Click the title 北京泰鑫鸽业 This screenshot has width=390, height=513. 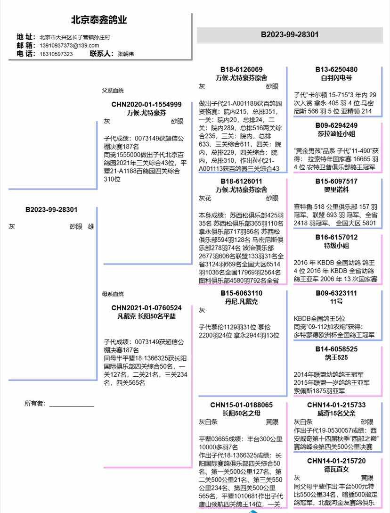pyautogui.click(x=99, y=20)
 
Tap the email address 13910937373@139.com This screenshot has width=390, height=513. pyautogui.click(x=69, y=45)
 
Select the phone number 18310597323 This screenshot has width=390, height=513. pyautogui.click(x=56, y=54)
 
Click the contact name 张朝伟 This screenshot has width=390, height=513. pyautogui.click(x=125, y=54)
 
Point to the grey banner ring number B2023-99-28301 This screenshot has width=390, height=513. pyautogui.click(x=290, y=34)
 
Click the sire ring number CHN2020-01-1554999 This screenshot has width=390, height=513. pyautogui.click(x=146, y=104)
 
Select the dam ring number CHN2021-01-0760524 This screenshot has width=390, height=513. pyautogui.click(x=146, y=308)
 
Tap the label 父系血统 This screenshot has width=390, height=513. pyautogui.click(x=113, y=90)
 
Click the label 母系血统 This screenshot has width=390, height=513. pyautogui.click(x=113, y=294)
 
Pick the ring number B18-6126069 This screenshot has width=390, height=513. pyautogui.click(x=241, y=69)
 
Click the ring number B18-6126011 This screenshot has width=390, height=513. pyautogui.click(x=241, y=181)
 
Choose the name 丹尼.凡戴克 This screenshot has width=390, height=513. pyautogui.click(x=241, y=301)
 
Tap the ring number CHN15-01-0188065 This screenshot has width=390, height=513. pyautogui.click(x=241, y=405)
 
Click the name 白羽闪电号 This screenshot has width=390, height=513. pyautogui.click(x=336, y=77)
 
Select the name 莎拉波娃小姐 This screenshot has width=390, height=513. pyautogui.click(x=336, y=133)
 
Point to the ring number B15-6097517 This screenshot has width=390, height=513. pyautogui.click(x=336, y=181)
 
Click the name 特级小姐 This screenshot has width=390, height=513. pyautogui.click(x=336, y=245)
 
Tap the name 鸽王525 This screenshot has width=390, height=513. pyautogui.click(x=336, y=357)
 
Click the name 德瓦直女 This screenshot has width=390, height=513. pyautogui.click(x=336, y=469)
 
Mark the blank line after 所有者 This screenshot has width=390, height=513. pyautogui.click(x=72, y=405)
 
